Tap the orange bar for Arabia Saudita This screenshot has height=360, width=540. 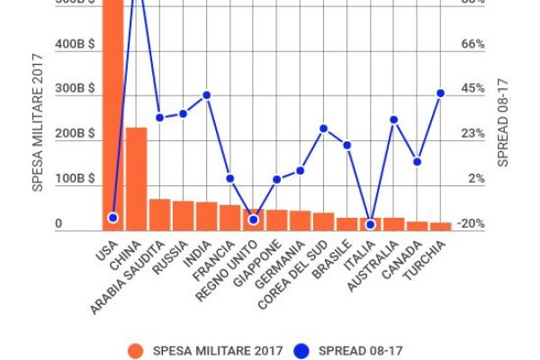point(159,214)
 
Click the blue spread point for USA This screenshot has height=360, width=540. point(112,218)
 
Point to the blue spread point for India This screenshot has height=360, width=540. point(206,94)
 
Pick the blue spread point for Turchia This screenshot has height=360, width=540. point(440,93)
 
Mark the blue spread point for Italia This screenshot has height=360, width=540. point(370,224)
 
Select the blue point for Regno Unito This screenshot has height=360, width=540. point(253,220)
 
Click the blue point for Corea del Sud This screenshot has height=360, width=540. point(323,129)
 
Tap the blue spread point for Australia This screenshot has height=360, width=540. point(393,119)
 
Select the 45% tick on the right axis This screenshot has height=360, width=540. point(473,89)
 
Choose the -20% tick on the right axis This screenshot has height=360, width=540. point(472,224)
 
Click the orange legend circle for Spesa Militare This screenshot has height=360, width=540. point(135,350)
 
